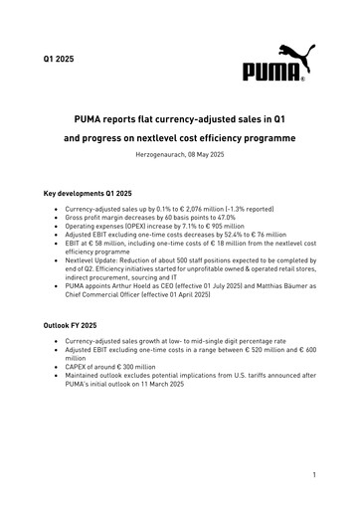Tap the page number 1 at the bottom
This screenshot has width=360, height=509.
coord(312,476)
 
